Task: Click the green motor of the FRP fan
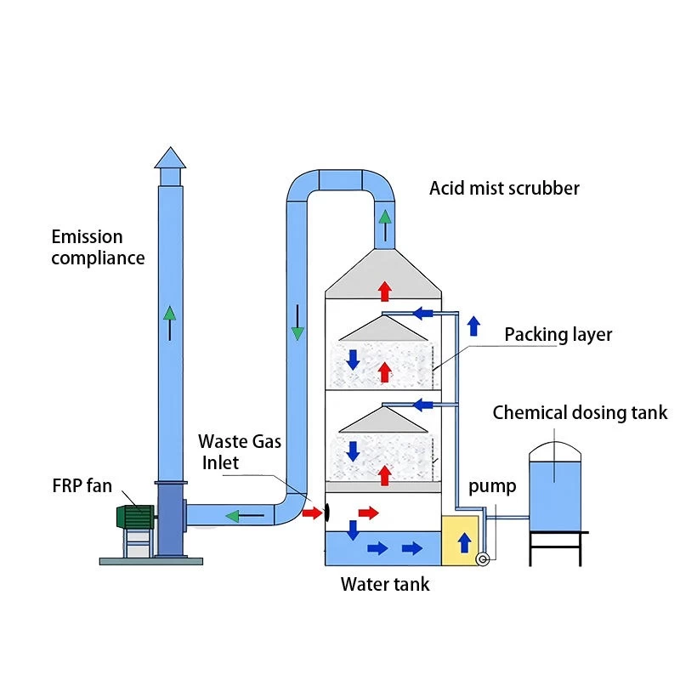coord(134,517)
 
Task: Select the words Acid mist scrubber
coord(504,188)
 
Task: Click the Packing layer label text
coord(558,334)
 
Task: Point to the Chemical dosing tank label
coord(580,413)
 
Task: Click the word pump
coord(492,487)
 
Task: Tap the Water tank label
coord(385,584)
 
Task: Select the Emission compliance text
coord(98,247)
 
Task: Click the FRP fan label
coord(81,486)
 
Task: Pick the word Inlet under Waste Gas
coord(220,463)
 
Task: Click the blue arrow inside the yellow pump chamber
coord(463,544)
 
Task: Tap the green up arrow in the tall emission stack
coord(171,320)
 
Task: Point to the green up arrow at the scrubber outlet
coord(385,225)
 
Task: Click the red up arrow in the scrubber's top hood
coord(384,291)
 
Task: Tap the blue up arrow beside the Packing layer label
coord(473,326)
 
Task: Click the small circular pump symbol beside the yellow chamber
coord(484,558)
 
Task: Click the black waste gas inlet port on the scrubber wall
coord(326,512)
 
